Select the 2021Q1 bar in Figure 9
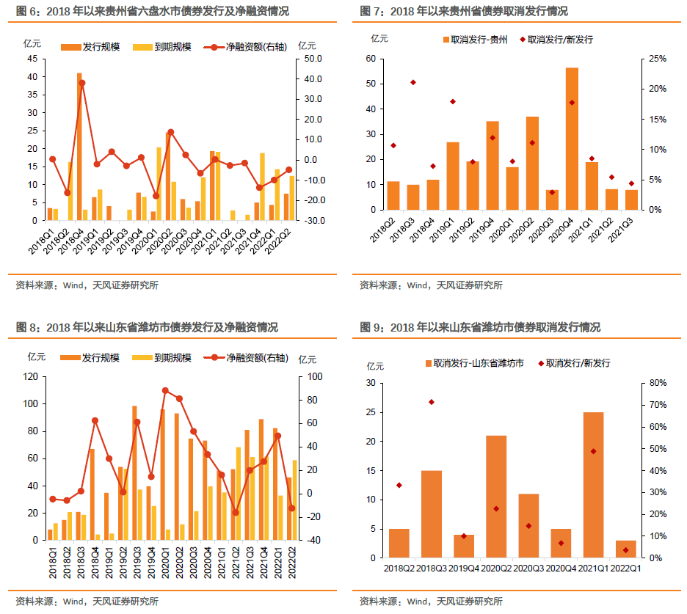592,485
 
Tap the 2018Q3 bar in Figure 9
431,514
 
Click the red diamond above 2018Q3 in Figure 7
413,82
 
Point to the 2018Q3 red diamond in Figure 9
432,402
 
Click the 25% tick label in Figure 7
658,59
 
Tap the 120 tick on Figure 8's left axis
31,376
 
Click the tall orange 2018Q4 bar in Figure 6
79,146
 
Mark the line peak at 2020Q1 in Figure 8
165,391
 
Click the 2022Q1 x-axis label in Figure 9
626,567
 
